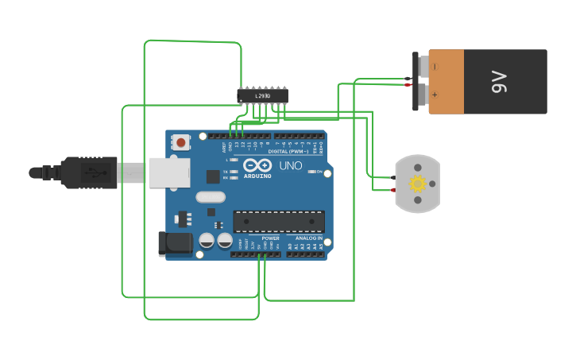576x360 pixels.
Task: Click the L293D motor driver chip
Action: pos(262,96)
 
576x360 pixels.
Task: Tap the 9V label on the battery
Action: pos(498,81)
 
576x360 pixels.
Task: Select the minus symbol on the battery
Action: pos(434,67)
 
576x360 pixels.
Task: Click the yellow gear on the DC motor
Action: pos(417,184)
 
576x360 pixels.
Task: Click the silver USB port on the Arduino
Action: pos(168,172)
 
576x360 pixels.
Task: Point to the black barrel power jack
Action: pos(176,243)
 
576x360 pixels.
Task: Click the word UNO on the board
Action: pos(290,166)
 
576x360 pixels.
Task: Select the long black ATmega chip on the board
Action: pos(278,222)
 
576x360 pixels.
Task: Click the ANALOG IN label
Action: pos(309,238)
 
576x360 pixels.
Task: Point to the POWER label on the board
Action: pos(270,238)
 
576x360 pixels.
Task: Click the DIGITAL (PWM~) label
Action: pos(288,150)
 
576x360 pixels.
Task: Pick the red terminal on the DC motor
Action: pos(392,190)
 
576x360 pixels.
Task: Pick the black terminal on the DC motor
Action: pos(392,177)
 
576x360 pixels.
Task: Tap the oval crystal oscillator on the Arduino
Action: pos(210,197)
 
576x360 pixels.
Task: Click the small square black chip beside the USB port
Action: pos(213,176)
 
